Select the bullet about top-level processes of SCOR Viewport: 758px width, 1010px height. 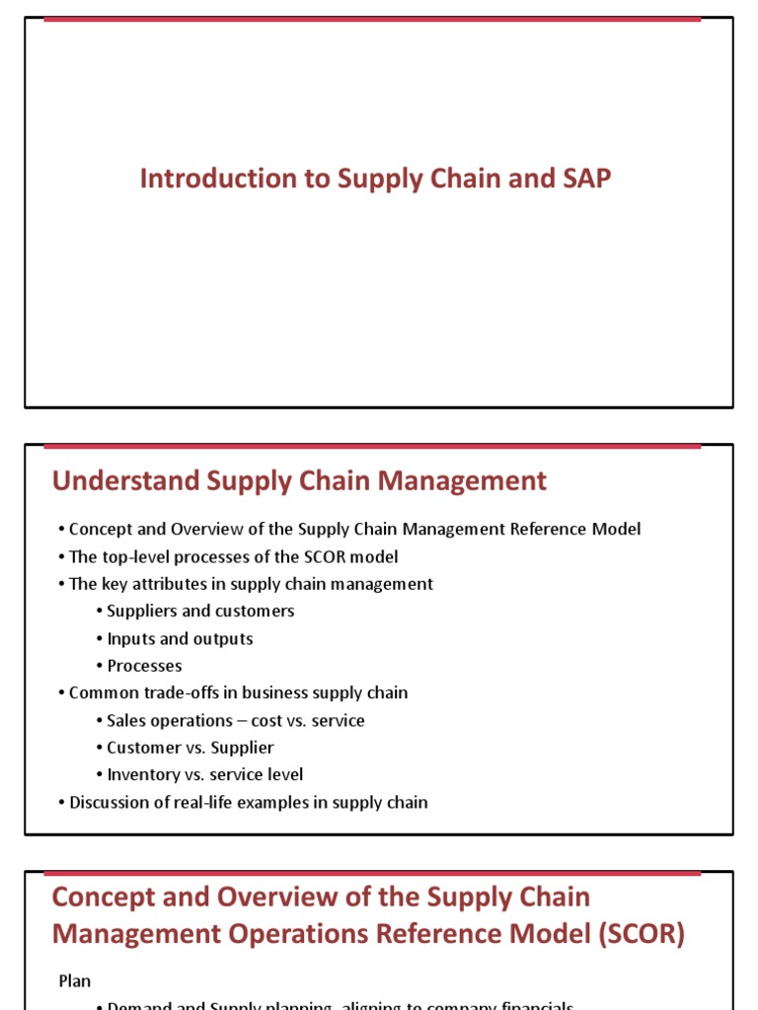pyautogui.click(x=233, y=556)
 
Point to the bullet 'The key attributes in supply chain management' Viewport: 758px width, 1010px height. pyautogui.click(x=251, y=584)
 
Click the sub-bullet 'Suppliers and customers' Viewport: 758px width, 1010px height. pyautogui.click(x=200, y=611)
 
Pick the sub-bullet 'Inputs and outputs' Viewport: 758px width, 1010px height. pyautogui.click(x=180, y=638)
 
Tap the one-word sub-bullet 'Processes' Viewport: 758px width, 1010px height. pyautogui.click(x=144, y=666)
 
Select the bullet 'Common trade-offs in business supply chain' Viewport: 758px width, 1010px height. pyautogui.click(x=238, y=692)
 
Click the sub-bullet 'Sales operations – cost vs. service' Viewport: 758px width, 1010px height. pyautogui.click(x=236, y=720)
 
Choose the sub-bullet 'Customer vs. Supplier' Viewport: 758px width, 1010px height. pyautogui.click(x=190, y=748)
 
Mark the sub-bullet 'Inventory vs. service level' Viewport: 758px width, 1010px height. pyautogui.click(x=204, y=774)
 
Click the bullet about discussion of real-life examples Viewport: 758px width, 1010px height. pyautogui.click(x=248, y=802)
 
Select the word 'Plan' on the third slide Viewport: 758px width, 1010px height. pyautogui.click(x=74, y=981)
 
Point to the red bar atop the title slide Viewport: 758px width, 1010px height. pyautogui.click(x=372, y=18)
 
